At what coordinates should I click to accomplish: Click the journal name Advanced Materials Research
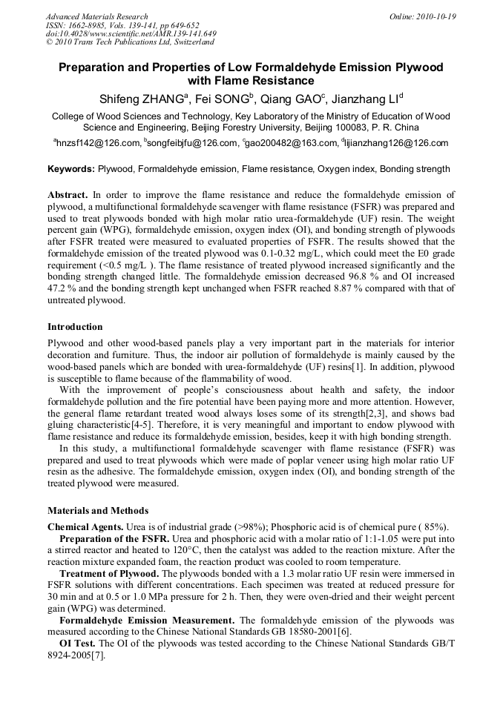[x=96, y=16]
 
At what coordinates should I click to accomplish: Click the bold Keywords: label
[x=71, y=169]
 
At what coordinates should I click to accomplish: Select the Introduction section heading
[x=75, y=327]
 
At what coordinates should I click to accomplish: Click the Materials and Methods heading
[x=97, y=511]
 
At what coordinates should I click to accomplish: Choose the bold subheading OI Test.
[x=78, y=644]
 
